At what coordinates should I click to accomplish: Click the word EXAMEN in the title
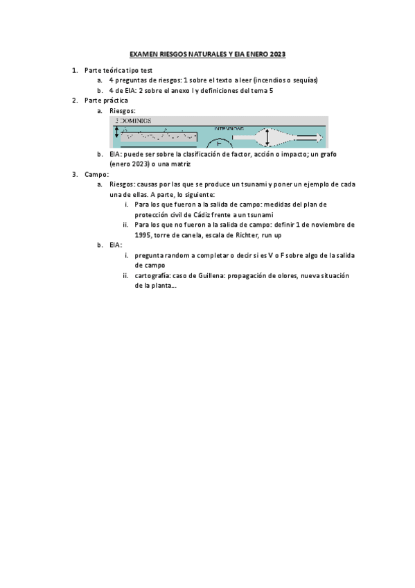pos(143,53)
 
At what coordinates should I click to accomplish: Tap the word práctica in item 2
pos(115,101)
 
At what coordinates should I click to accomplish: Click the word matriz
pos(178,164)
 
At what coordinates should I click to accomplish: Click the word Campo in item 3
pos(95,173)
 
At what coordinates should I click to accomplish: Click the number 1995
pos(143,234)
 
